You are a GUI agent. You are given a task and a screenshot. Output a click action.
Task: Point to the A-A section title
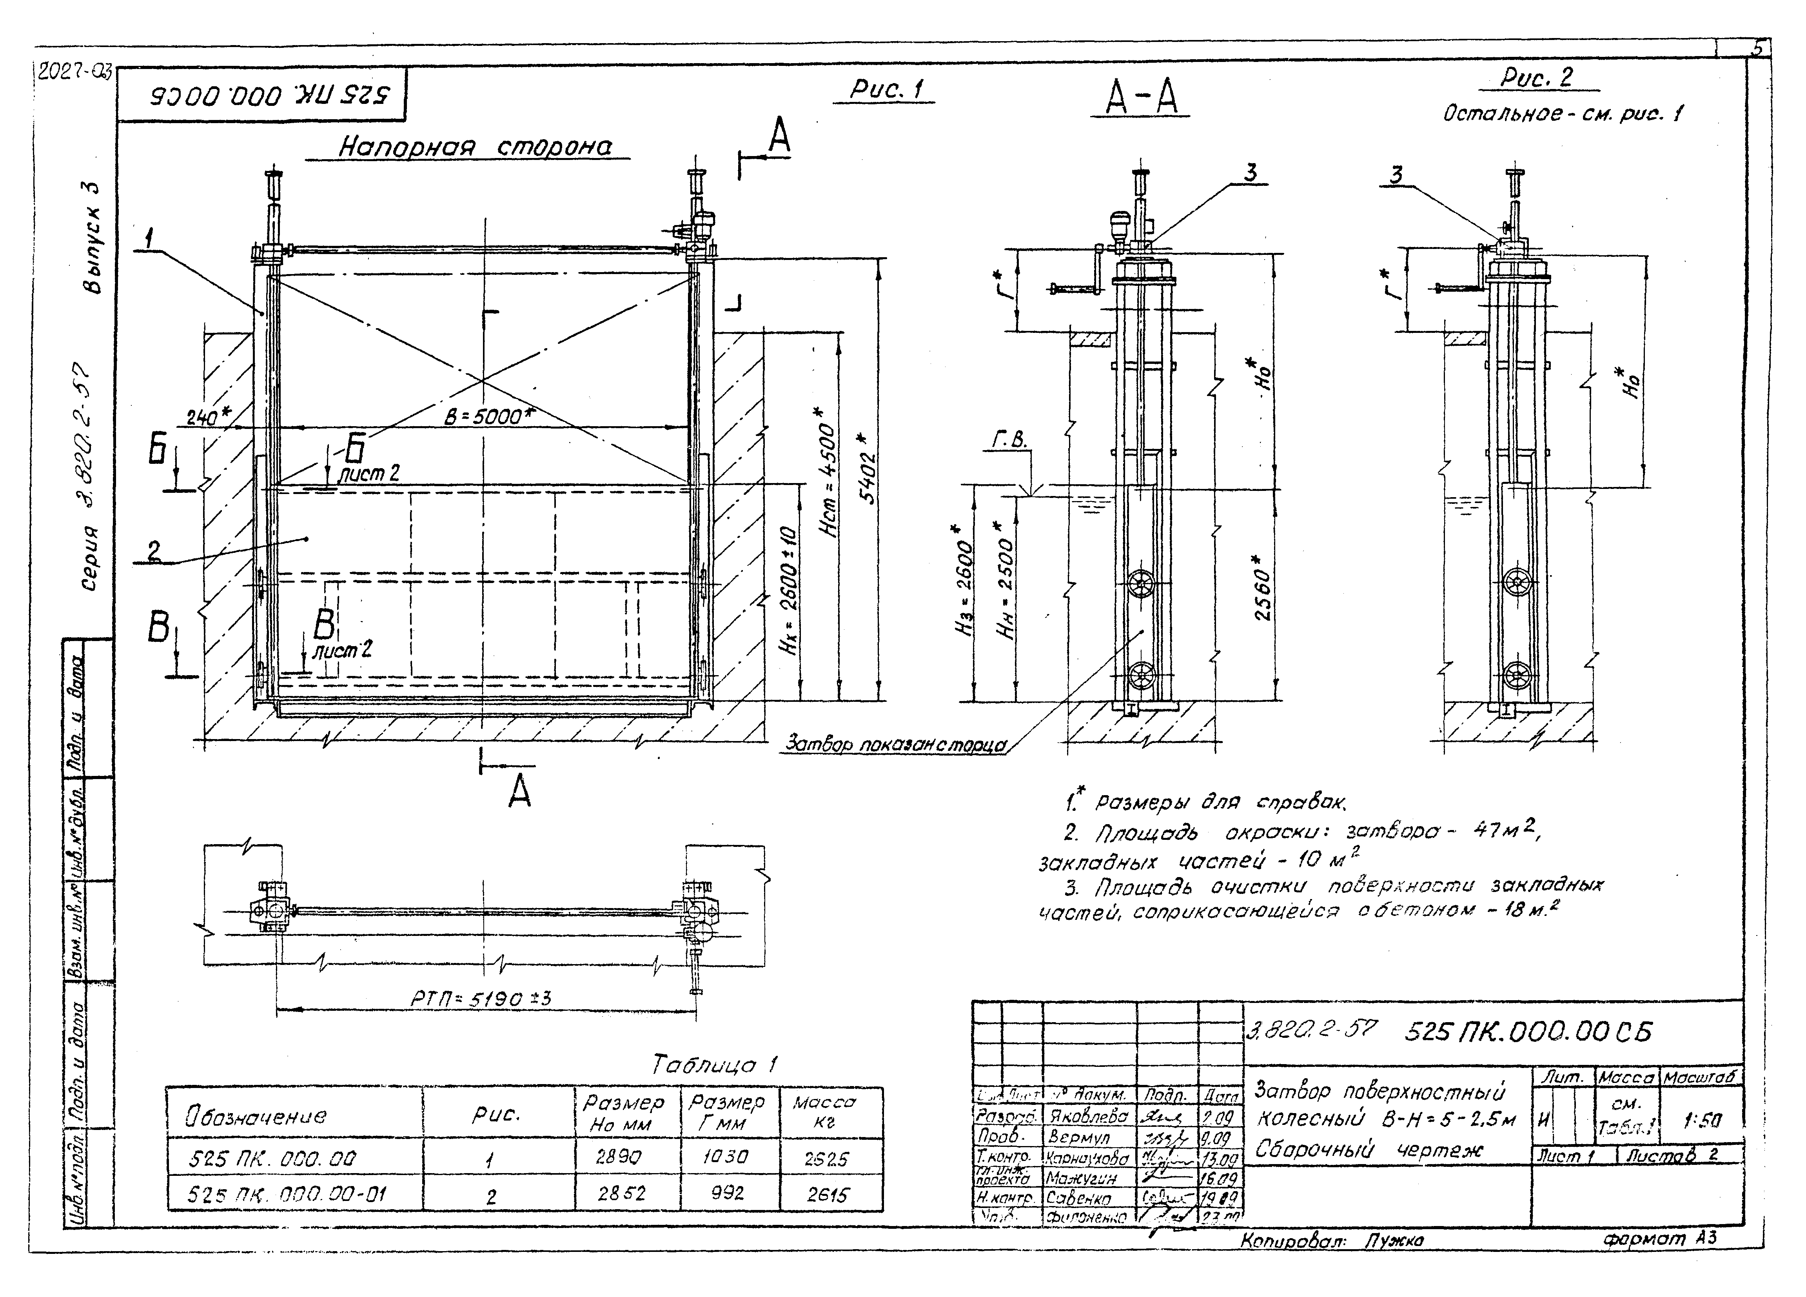pos(1143,99)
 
